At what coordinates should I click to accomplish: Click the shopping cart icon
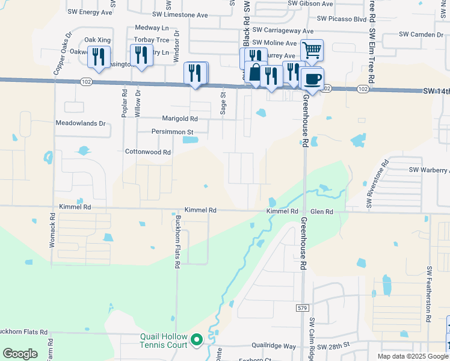point(312,50)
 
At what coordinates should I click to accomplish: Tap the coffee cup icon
point(313,79)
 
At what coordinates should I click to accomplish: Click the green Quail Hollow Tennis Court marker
point(196,341)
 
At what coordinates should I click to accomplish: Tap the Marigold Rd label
point(179,119)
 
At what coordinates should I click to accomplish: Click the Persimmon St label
point(173,132)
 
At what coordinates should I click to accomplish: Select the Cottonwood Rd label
point(148,152)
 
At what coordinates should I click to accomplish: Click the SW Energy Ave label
point(90,11)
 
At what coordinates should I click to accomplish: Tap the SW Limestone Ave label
point(179,15)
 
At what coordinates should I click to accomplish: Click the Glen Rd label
point(322,211)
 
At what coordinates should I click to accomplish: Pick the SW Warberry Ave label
point(429,170)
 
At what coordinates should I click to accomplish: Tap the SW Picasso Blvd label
point(342,19)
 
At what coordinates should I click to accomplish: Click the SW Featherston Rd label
point(430,293)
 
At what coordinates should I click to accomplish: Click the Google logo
point(20,354)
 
